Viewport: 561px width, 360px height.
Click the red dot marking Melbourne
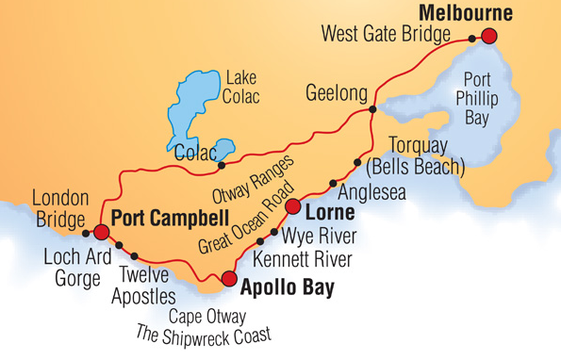pos(488,37)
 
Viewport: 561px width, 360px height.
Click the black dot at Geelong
pos(373,110)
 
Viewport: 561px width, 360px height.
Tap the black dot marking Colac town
pos(221,167)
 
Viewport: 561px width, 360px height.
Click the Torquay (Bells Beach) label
pos(426,156)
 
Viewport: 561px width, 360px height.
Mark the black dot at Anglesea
pos(332,183)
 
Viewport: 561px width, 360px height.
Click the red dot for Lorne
pos(293,207)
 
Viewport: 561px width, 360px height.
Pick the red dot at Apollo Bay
pos(228,278)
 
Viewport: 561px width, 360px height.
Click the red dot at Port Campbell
pos(101,232)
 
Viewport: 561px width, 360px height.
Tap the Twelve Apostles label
pos(146,286)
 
